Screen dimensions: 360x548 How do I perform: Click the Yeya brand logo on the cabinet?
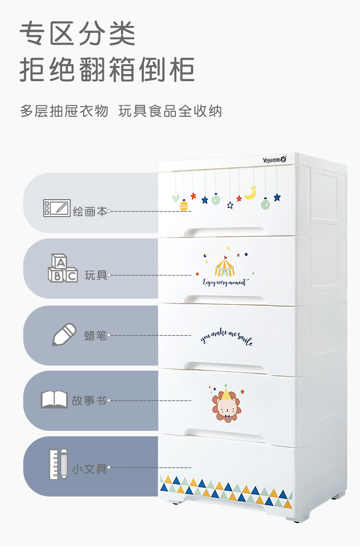click(x=274, y=160)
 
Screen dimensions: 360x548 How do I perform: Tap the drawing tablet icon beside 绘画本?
click(x=57, y=208)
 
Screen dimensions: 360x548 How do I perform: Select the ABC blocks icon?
click(x=62, y=269)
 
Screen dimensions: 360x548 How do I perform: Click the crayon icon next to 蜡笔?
click(x=64, y=335)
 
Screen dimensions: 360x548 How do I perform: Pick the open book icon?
click(x=54, y=399)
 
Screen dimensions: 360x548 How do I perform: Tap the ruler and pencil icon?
click(x=58, y=464)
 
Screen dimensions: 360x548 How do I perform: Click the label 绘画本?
click(x=90, y=212)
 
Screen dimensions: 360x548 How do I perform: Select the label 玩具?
click(x=96, y=275)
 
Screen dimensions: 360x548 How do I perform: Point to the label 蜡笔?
click(x=96, y=336)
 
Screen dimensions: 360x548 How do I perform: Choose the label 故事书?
click(x=89, y=401)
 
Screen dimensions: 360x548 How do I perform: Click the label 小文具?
click(x=89, y=468)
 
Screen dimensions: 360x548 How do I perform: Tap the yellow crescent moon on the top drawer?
click(x=250, y=193)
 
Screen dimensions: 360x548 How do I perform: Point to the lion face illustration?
click(x=226, y=404)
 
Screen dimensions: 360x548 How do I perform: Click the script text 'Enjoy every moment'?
click(x=225, y=283)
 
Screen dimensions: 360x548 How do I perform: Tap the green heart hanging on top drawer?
click(x=175, y=198)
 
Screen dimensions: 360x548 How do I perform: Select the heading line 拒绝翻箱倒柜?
click(x=107, y=70)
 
